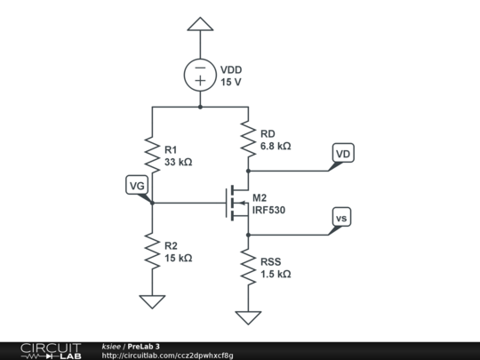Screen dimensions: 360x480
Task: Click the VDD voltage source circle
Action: pos(201,75)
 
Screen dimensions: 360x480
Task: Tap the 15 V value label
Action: pos(231,82)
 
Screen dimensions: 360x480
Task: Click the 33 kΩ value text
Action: pos(179,163)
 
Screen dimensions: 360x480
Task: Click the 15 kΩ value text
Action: pos(179,258)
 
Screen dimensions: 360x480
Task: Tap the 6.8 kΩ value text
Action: pos(276,146)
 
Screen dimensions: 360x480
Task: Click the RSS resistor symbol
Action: pos(248,268)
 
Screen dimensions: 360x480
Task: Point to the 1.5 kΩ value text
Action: pos(276,276)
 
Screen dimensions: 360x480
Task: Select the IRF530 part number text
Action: pos(269,211)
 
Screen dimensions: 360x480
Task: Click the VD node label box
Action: pos(343,154)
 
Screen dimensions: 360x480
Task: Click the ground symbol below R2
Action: pos(152,301)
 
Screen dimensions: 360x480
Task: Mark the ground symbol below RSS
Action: pos(248,316)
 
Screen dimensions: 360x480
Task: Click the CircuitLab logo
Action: pos(51,350)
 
